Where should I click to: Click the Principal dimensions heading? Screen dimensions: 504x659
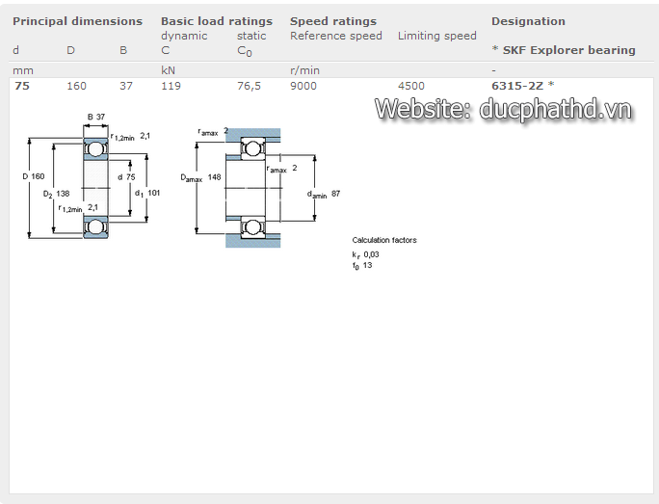[x=77, y=21]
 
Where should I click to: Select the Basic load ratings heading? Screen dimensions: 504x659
[x=216, y=21]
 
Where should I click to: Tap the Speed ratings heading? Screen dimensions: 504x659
[x=333, y=21]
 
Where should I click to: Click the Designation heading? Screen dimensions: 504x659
[x=528, y=21]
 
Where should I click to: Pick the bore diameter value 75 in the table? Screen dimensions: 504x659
[x=22, y=86]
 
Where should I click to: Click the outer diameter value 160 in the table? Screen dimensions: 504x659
[x=76, y=86]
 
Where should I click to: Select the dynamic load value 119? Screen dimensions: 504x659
[x=171, y=86]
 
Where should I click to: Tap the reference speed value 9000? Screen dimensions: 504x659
[x=303, y=86]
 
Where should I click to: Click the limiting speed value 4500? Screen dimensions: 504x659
[x=410, y=86]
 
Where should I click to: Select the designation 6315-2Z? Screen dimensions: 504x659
[x=517, y=86]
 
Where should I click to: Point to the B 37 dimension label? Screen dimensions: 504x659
[x=96, y=117]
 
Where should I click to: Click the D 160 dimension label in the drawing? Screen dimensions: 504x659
[x=34, y=176]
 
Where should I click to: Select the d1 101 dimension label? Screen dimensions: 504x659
[x=147, y=194]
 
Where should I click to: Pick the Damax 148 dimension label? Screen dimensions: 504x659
[x=200, y=177]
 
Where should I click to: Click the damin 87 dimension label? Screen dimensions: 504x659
[x=324, y=194]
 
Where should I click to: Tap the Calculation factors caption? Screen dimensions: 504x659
[x=384, y=240]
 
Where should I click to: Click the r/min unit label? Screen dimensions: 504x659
[x=304, y=70]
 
